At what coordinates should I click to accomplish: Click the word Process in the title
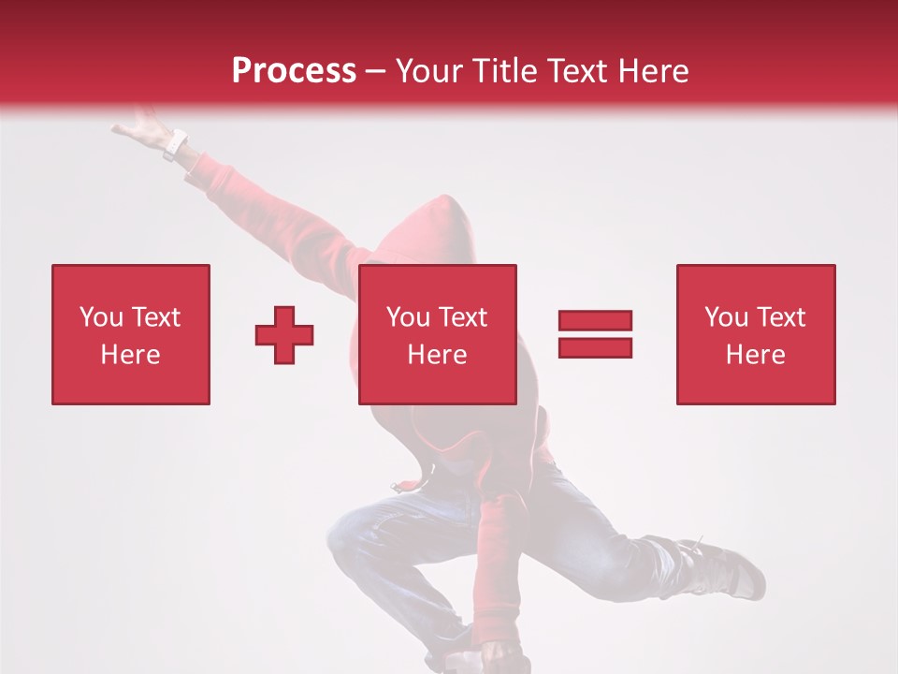click(294, 71)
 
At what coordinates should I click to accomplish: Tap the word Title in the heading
click(507, 71)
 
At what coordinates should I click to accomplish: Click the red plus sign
click(284, 334)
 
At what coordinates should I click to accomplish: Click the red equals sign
click(595, 334)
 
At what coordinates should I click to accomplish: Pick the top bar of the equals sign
click(595, 321)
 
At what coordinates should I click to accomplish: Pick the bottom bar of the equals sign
click(595, 347)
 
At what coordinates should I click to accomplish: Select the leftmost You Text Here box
click(130, 334)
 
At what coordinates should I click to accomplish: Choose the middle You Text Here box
click(437, 334)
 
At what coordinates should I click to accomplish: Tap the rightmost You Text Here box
click(755, 334)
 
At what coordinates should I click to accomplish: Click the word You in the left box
click(100, 317)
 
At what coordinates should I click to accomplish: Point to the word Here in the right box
click(755, 355)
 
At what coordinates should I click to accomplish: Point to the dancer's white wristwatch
click(175, 145)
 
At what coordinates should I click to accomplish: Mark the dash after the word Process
click(376, 71)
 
